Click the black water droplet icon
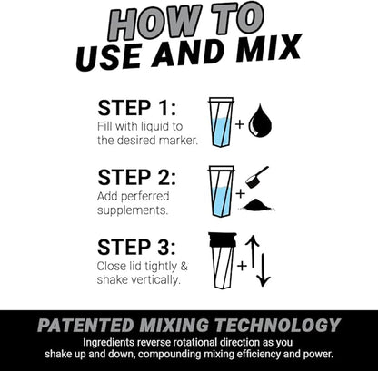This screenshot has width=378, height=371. (261, 120)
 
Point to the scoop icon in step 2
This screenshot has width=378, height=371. (257, 176)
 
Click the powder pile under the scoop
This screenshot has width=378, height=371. (260, 205)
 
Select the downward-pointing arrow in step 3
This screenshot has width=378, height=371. (264, 269)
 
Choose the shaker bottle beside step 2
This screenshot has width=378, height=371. (221, 190)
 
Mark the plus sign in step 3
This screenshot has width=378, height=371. (242, 266)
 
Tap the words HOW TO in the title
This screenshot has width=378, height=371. (189, 21)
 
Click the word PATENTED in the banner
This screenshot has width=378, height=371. (85, 325)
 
